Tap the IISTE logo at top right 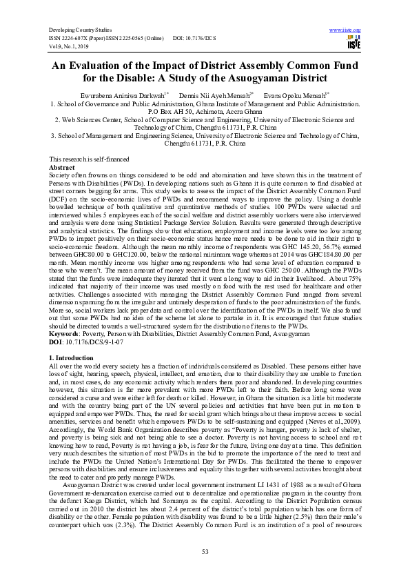coord(354,44)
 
